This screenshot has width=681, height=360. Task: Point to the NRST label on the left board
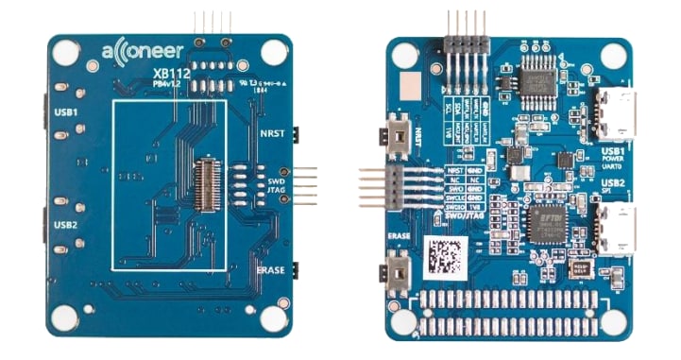tap(271, 134)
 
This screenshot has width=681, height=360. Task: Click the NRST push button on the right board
tap(399, 134)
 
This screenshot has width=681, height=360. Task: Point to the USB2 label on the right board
tap(611, 182)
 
